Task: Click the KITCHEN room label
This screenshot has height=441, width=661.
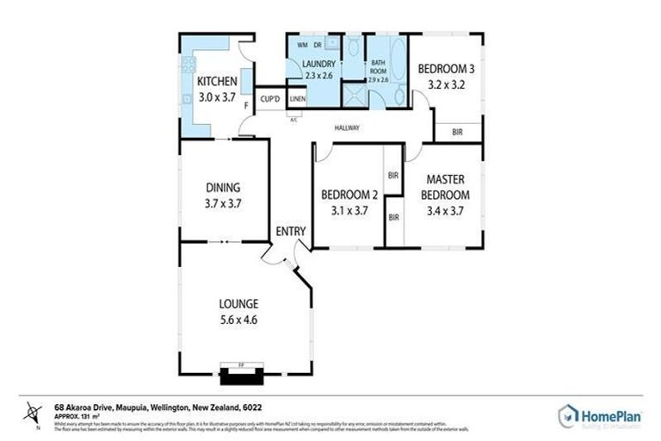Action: click(217, 82)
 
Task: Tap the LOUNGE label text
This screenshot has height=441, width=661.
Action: click(238, 303)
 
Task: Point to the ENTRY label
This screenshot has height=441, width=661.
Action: click(290, 231)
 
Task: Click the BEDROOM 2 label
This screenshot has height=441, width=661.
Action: click(344, 195)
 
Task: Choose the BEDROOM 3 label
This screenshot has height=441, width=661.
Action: click(446, 69)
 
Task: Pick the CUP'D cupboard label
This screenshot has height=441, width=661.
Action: click(270, 100)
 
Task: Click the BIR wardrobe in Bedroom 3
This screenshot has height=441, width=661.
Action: click(457, 132)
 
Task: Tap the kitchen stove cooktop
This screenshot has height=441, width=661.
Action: click(187, 65)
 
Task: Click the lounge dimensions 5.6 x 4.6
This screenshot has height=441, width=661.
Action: click(238, 320)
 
